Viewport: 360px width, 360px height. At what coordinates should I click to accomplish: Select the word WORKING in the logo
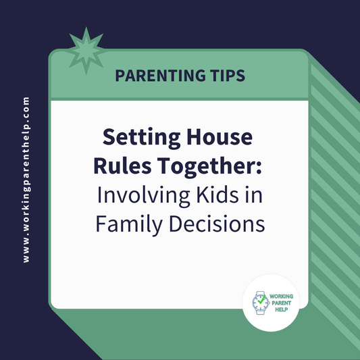284,295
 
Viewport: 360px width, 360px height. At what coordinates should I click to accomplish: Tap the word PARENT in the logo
280,303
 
